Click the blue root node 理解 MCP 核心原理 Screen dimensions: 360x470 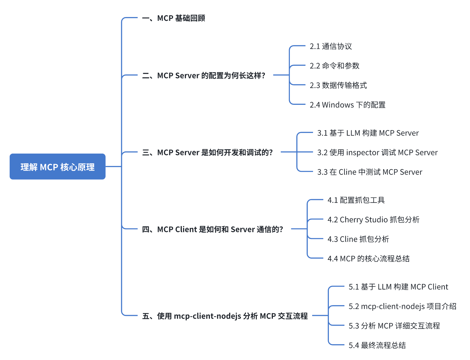[58, 167]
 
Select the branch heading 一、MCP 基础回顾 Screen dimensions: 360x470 [174, 18]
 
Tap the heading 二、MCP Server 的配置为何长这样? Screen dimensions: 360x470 [204, 76]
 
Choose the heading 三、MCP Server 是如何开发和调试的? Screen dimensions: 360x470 [207, 153]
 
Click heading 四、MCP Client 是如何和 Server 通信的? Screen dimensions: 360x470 [212, 230]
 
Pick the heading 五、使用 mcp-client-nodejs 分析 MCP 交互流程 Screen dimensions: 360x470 [225, 316]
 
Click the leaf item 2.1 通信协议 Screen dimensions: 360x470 [331, 46]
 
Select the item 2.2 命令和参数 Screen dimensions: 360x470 [334, 66]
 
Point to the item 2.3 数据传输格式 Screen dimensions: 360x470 [338, 85]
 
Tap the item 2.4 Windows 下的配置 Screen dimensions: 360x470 [348, 105]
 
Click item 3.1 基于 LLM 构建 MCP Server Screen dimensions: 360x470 [368, 133]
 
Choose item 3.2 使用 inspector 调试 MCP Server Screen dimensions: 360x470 [377, 153]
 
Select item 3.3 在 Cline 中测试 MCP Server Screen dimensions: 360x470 [370, 172]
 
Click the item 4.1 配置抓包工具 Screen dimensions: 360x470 [356, 200]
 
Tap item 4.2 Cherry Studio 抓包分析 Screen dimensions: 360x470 [373, 220]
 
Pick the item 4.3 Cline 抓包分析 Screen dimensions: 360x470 [358, 239]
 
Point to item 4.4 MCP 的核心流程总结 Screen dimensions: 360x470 [368, 259]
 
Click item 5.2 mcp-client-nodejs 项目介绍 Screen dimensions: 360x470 [403, 307]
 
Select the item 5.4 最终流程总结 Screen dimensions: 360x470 [377, 345]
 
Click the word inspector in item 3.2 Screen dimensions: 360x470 [363, 153]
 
